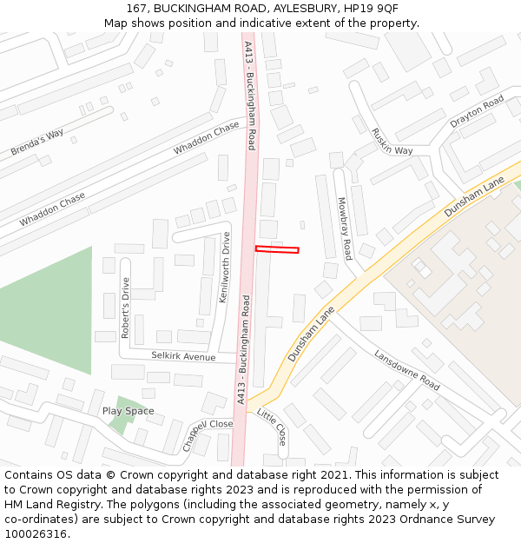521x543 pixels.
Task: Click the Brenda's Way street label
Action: point(37,143)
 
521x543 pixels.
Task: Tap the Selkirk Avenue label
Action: point(183,356)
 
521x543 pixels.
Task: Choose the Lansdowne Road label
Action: point(406,369)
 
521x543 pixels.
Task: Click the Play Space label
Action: point(129,411)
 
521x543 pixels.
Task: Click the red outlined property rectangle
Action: point(277,250)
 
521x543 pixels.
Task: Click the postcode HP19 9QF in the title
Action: point(372,8)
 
